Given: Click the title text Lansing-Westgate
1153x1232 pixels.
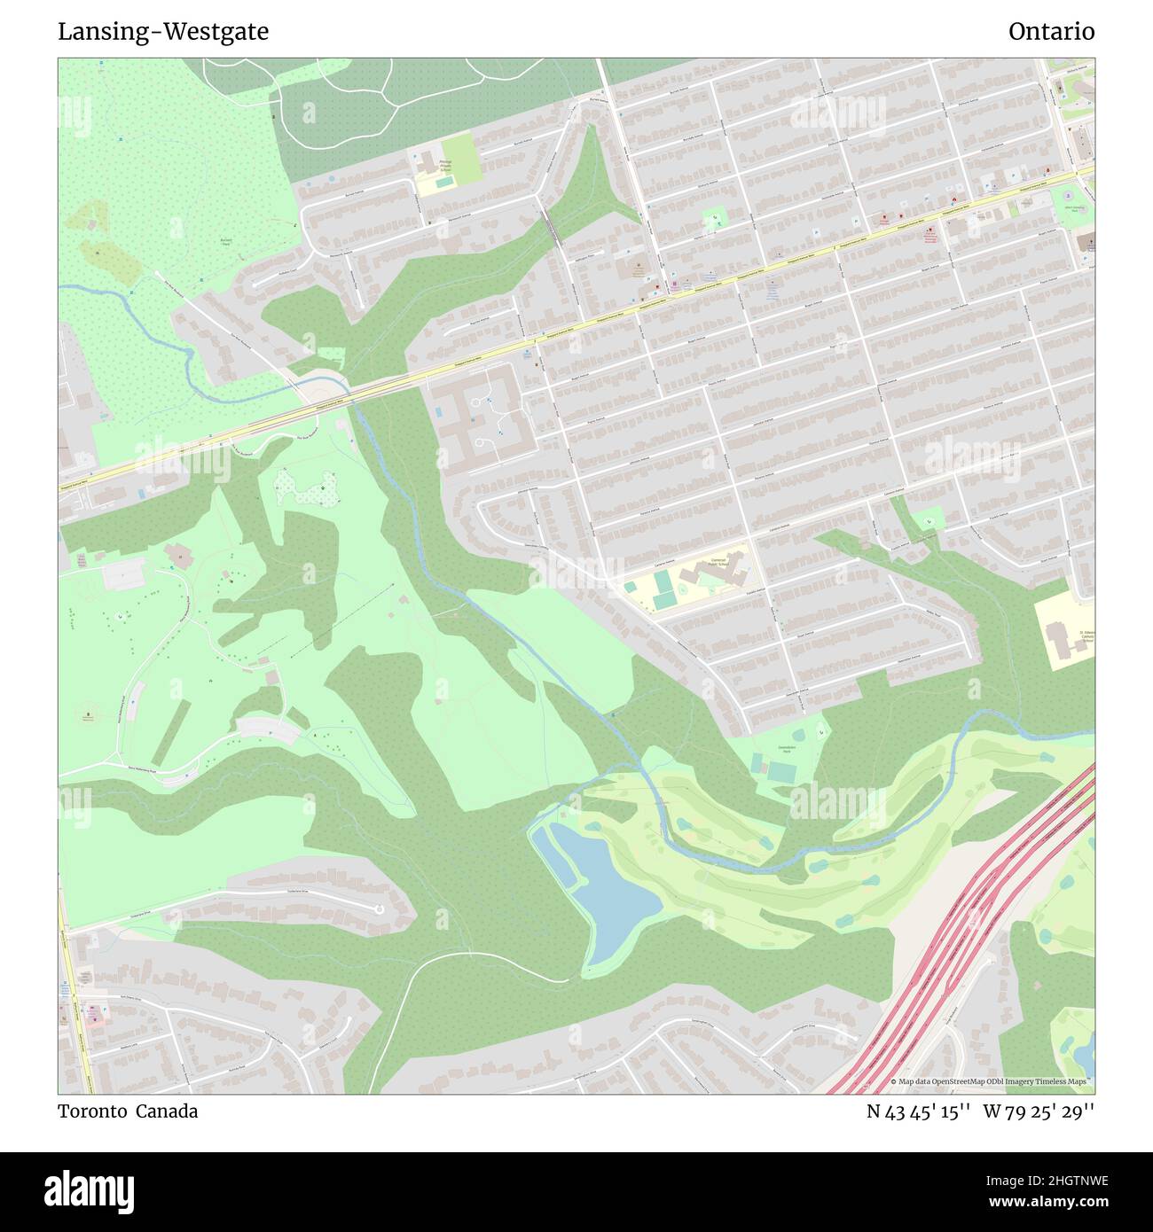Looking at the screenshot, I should pos(163,32).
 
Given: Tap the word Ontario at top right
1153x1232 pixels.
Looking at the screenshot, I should pos(1051,32).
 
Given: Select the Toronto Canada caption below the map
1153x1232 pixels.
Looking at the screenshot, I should pos(128,1111).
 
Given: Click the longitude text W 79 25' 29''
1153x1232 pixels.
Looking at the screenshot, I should pos(1039,1111).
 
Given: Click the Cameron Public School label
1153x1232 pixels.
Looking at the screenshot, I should pos(718,564).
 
